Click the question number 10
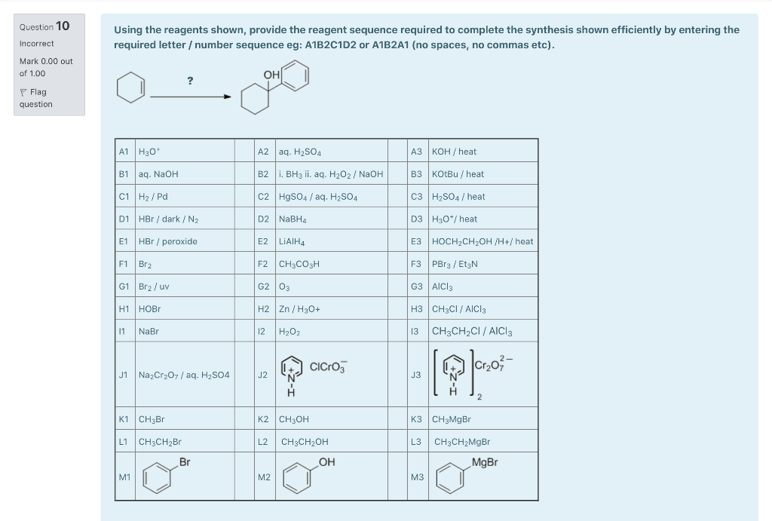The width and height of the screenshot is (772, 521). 63,26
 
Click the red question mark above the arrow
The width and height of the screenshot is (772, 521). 190,81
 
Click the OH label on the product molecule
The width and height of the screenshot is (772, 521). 271,74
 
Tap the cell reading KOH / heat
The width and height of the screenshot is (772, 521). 454,152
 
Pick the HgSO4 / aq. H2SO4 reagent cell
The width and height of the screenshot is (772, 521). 317,197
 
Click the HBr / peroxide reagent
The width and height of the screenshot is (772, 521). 167,242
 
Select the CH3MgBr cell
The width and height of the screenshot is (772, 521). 451,419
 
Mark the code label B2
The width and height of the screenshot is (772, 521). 263,174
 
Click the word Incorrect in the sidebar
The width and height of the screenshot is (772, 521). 36,44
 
